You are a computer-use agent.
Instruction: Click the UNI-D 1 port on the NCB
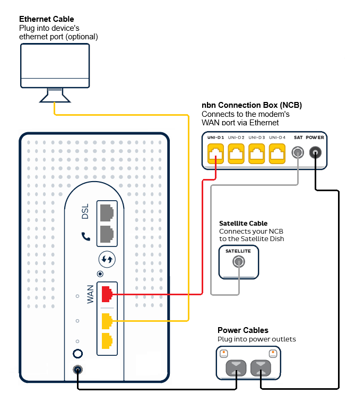point(216,154)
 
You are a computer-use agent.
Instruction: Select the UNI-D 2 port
point(236,154)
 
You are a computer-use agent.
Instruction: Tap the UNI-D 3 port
point(257,154)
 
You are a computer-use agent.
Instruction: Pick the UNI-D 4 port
point(277,154)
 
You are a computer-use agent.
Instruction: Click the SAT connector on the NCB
point(298,153)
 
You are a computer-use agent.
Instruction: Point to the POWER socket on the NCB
point(316,153)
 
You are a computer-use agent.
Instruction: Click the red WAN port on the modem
point(107,293)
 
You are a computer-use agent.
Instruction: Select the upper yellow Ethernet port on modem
point(107,320)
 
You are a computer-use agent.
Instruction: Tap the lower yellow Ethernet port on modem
point(107,341)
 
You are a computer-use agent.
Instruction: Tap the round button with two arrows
point(107,260)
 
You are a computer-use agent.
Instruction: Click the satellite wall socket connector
point(239,262)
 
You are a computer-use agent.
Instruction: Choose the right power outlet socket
point(261,367)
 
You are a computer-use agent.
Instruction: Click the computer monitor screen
point(55,62)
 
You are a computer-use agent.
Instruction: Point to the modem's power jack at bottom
point(78,371)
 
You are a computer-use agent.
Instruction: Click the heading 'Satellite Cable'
point(243,224)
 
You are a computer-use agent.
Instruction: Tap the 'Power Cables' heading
point(242,330)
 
